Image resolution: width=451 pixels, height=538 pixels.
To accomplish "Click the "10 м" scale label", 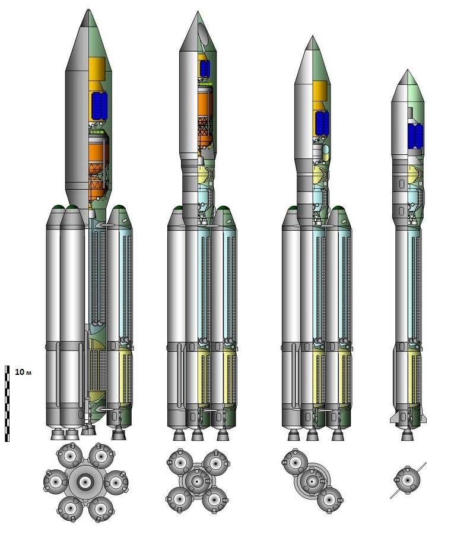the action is pyautogui.click(x=23, y=372).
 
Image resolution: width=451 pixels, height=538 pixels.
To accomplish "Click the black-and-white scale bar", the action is pyautogui.click(x=7, y=403).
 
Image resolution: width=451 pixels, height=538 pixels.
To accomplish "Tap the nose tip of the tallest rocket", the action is pyautogui.click(x=89, y=10).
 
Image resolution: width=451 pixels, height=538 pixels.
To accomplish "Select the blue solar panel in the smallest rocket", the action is pyautogui.click(x=415, y=136).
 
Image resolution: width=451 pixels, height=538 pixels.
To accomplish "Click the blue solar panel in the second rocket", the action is pyautogui.click(x=205, y=68).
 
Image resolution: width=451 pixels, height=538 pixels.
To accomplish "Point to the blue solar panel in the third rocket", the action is pyautogui.click(x=322, y=123).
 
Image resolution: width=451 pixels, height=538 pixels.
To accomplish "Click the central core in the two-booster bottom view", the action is pyautogui.click(x=312, y=482).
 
